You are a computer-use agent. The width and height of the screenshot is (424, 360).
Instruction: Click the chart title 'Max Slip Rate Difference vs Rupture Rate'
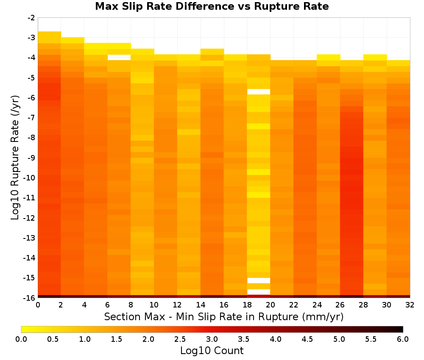(212, 6)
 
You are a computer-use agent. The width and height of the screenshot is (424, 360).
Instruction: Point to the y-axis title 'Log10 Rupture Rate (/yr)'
(15, 158)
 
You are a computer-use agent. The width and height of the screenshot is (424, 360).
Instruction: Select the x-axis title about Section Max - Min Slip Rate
(224, 317)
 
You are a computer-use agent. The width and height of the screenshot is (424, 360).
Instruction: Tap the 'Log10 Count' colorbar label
(212, 351)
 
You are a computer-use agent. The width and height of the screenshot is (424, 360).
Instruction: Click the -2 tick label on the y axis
(31, 18)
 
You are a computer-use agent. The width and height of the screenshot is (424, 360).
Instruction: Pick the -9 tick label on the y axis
(31, 158)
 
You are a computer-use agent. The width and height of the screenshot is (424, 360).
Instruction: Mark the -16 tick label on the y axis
(30, 298)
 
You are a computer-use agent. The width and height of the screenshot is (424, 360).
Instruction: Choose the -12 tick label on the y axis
(30, 218)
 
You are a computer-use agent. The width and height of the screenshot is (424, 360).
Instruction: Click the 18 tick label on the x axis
(247, 305)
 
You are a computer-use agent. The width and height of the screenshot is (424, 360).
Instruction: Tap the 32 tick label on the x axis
(410, 305)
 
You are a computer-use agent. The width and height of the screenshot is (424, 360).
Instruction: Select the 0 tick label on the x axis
(38, 305)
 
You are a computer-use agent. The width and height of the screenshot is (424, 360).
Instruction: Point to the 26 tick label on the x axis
(340, 305)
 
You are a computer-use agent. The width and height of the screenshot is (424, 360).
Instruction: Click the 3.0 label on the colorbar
(212, 339)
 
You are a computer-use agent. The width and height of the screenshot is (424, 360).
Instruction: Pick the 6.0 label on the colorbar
(403, 339)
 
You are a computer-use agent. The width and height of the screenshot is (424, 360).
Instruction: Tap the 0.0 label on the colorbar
(21, 339)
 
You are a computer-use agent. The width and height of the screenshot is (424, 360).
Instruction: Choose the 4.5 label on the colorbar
(307, 339)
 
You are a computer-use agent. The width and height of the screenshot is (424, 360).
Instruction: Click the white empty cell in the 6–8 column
(119, 58)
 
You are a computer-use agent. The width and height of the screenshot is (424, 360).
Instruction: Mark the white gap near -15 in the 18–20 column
(259, 281)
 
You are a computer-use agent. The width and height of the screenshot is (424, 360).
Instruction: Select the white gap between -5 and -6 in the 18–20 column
(259, 92)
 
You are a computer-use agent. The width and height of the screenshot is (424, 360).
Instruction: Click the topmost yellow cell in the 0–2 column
(50, 37)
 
